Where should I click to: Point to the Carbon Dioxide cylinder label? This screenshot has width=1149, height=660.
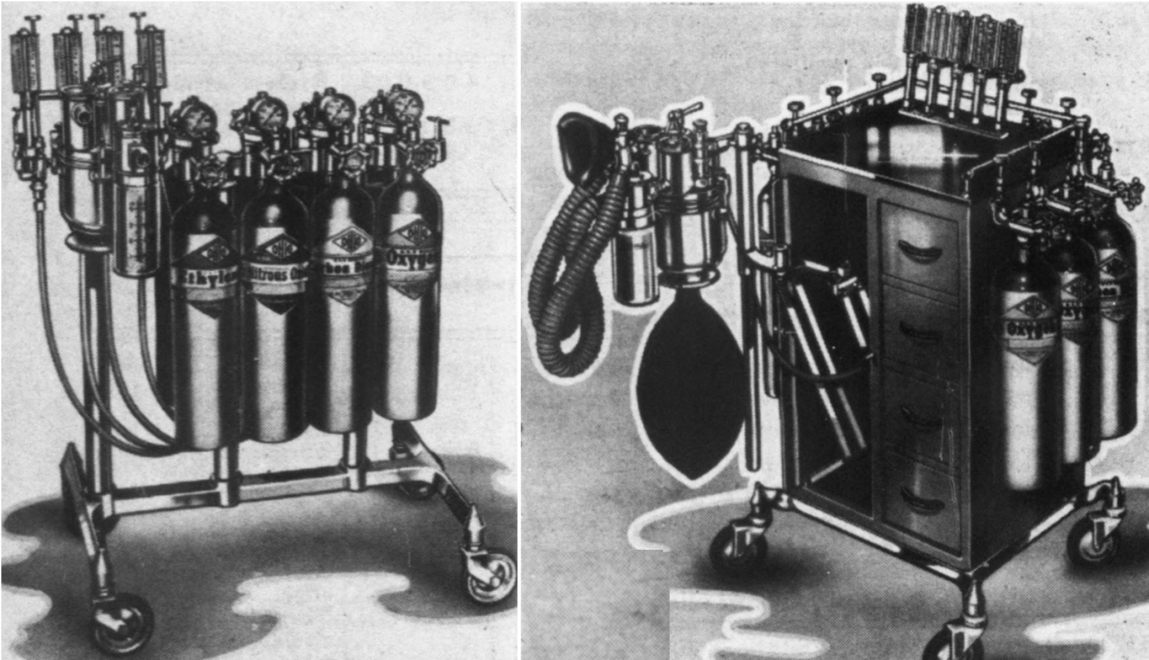coord(344,265)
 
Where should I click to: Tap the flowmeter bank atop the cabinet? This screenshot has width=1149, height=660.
coord(962,34)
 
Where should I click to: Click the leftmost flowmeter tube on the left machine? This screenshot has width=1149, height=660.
coord(22,64)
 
